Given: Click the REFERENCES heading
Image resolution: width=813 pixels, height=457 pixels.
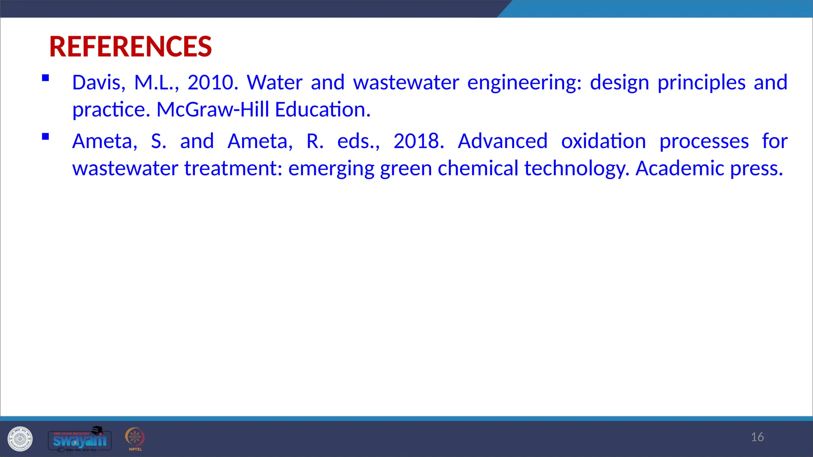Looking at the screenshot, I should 130,47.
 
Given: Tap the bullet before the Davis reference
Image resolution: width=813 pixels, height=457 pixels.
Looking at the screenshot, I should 46,78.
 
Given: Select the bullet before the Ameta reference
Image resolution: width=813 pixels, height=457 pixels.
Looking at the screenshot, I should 46,136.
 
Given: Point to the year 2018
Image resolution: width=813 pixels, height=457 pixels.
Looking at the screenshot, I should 418,141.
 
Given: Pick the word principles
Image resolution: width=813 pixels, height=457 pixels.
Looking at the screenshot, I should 701,83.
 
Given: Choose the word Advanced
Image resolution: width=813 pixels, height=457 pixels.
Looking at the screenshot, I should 503,141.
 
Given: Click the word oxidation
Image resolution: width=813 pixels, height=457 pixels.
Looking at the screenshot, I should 603,141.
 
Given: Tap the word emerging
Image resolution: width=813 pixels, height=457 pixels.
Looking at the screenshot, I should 331,169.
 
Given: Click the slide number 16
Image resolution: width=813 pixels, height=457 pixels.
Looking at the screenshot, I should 757,437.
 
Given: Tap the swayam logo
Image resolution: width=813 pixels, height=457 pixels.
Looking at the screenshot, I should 79,440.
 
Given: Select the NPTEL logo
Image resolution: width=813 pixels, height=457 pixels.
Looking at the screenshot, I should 135,439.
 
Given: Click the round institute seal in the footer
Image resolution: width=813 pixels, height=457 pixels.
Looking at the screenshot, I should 20,439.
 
